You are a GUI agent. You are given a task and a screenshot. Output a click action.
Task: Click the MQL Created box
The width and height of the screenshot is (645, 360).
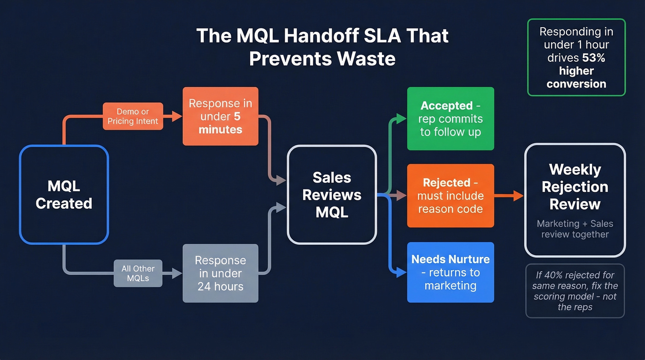(64, 195)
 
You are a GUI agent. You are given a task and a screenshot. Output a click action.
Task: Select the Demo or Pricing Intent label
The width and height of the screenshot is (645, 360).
(133, 116)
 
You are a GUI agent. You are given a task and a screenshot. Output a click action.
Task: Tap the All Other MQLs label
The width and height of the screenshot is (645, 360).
(138, 273)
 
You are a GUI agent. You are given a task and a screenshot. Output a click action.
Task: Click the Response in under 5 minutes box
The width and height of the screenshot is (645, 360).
(220, 116)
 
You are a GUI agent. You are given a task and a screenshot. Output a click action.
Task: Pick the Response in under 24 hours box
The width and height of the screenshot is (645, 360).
(220, 273)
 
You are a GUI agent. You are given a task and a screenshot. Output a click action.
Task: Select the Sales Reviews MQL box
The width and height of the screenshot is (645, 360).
(332, 195)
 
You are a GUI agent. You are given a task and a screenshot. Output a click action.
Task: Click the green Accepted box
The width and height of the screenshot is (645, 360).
(450, 118)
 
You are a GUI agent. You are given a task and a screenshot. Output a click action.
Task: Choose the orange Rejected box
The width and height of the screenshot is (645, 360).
(450, 195)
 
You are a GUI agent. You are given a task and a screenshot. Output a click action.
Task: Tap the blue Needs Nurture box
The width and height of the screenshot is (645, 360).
(450, 272)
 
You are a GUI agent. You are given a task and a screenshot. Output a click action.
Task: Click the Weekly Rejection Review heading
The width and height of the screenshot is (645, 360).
(575, 187)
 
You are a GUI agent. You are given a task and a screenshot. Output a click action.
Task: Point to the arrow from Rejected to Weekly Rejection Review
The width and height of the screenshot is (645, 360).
(509, 195)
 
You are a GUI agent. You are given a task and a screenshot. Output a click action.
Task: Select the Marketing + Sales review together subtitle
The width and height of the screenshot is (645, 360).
(575, 229)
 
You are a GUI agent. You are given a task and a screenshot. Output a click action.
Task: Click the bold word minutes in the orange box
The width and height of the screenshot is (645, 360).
(220, 130)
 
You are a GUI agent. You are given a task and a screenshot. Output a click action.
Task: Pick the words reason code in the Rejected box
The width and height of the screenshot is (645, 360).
(450, 209)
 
